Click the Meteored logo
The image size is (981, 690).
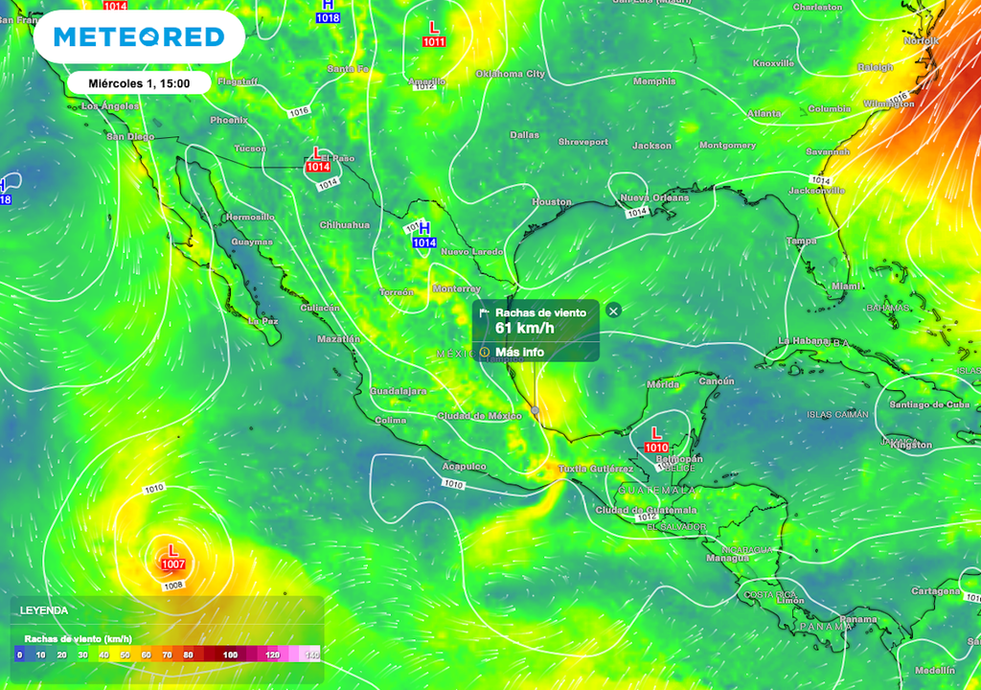(139, 37)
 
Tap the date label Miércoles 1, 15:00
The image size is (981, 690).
(139, 83)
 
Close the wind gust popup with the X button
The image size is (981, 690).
(614, 310)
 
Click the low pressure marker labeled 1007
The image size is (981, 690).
(172, 557)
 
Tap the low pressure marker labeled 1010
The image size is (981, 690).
(656, 440)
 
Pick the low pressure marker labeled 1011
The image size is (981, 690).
(433, 34)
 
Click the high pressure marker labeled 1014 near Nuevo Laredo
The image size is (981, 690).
(424, 236)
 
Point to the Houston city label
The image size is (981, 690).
(551, 202)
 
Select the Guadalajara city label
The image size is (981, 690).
(399, 391)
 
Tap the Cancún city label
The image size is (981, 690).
(716, 381)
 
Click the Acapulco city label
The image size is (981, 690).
(464, 467)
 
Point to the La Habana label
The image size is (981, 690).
(802, 341)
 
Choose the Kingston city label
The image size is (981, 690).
(910, 445)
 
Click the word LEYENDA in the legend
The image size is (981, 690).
(44, 609)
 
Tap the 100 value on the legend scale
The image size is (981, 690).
(230, 655)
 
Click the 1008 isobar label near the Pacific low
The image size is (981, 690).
(172, 585)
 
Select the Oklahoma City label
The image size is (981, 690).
(510, 74)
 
